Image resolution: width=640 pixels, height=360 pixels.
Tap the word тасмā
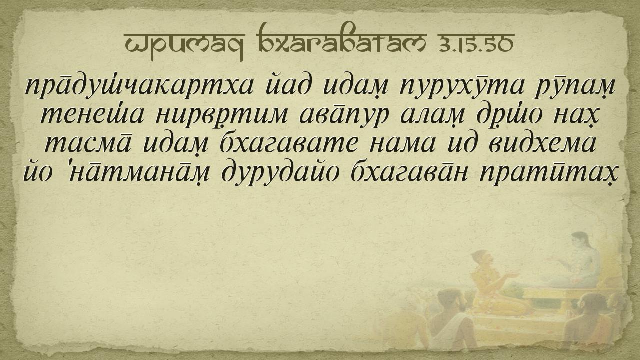(x=88, y=143)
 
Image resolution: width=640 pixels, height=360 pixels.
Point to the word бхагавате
(x=288, y=143)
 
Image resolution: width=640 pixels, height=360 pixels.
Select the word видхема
(x=542, y=143)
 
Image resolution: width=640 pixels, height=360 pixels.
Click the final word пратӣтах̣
(x=548, y=173)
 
